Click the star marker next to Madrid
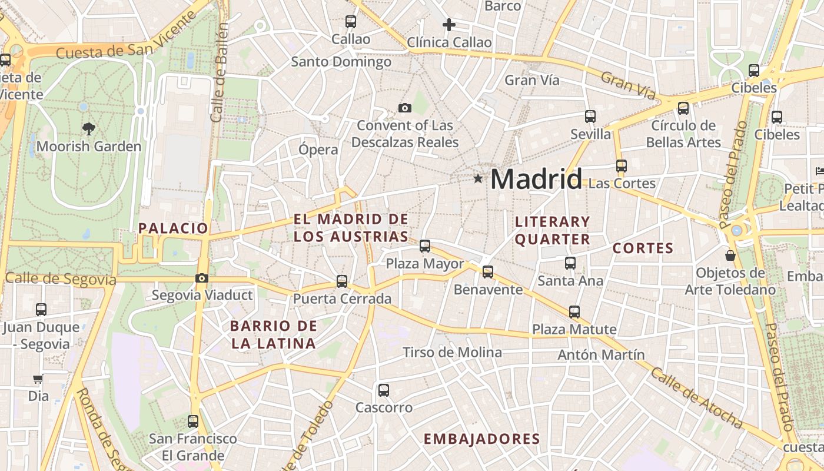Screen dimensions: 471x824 click(478, 178)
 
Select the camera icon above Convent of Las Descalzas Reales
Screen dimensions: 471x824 click(404, 108)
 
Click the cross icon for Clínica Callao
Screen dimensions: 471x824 click(449, 25)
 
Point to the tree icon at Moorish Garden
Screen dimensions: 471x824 click(89, 128)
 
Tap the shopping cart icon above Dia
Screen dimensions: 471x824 click(38, 379)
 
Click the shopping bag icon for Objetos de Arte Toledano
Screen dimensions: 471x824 click(730, 256)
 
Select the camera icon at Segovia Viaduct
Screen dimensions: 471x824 click(202, 278)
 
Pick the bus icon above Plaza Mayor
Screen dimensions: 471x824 click(425, 246)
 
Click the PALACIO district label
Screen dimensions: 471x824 click(173, 228)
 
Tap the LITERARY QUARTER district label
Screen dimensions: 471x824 click(552, 230)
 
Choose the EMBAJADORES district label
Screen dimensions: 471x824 click(481, 439)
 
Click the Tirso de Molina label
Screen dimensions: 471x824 click(452, 353)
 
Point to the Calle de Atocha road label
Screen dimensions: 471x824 click(697, 399)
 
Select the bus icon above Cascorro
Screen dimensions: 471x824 click(384, 390)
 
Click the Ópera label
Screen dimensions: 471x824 click(318, 149)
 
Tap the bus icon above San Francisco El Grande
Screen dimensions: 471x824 click(193, 422)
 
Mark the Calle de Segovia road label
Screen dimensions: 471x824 click(61, 278)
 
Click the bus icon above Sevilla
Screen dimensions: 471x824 click(590, 117)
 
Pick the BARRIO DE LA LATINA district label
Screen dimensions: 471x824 click(274, 334)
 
